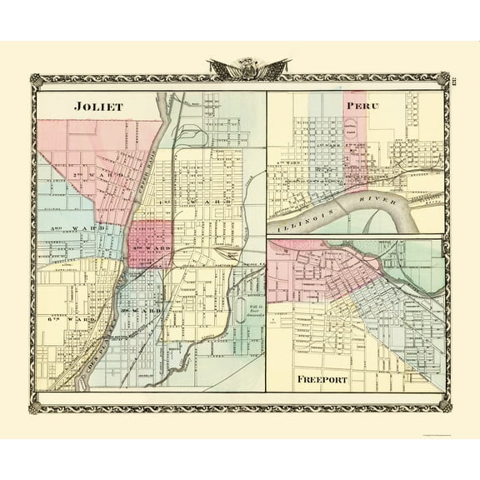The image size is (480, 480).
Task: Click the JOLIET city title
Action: point(97,107)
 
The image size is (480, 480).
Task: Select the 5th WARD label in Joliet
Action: point(140,310)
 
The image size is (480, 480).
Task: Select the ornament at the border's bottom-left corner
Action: point(34,408)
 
